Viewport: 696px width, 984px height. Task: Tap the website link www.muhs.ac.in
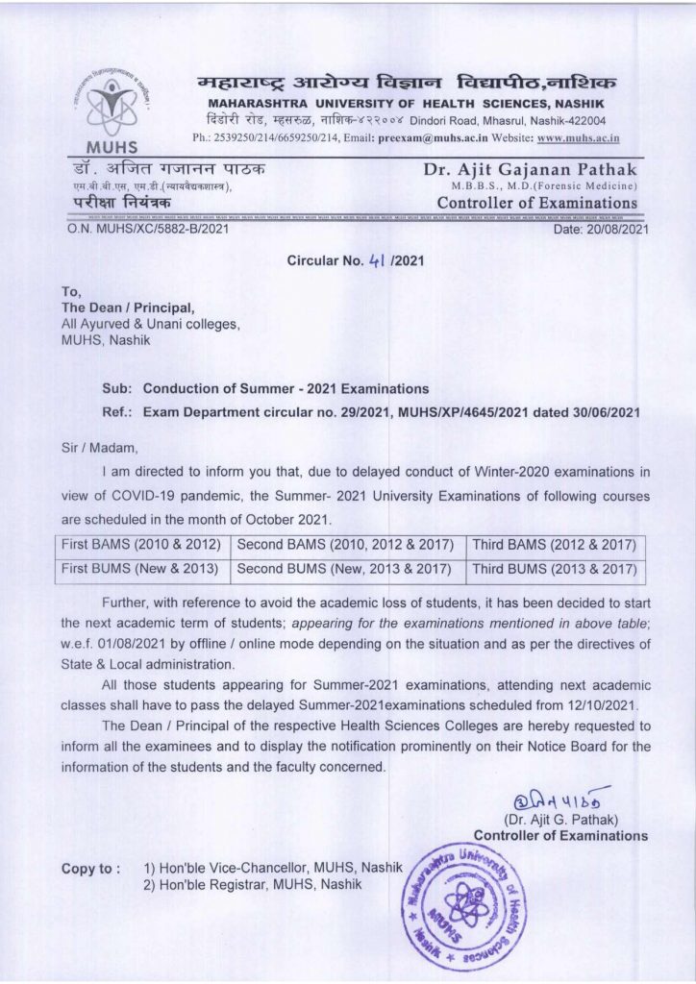[x=578, y=137]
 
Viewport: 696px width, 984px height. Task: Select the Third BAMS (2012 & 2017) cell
[x=555, y=545]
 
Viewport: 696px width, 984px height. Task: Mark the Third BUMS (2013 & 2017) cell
[x=555, y=568]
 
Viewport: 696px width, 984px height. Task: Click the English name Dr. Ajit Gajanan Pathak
[x=530, y=170]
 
